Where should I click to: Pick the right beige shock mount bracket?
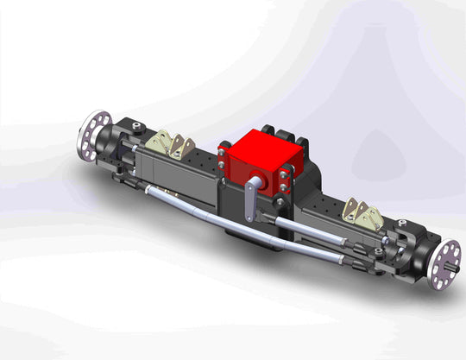(364, 215)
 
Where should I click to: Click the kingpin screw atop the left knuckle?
(135, 128)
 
